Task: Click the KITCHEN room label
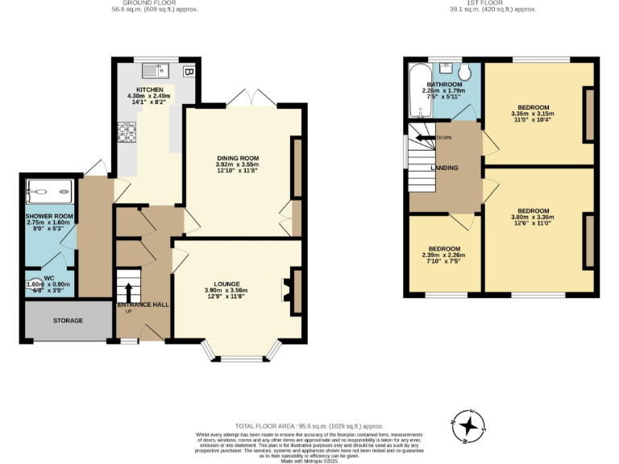point(150,89)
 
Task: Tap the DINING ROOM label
point(237,158)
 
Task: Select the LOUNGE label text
point(226,284)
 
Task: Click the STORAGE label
point(68,321)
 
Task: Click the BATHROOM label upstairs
point(444,85)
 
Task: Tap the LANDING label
point(445,168)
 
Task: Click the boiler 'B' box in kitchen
point(188,72)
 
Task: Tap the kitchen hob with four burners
point(127,131)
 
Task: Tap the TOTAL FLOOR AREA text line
point(309,426)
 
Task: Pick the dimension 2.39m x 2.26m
point(444,256)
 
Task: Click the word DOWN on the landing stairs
point(442,138)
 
